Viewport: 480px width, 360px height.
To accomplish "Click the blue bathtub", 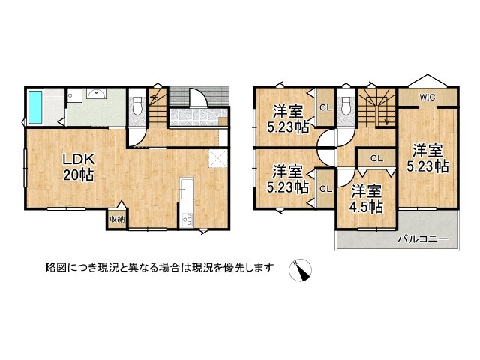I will pyautogui.click(x=36, y=107).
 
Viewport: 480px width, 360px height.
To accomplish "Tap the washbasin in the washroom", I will pyautogui.click(x=96, y=94).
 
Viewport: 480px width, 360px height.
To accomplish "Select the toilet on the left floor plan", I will pyautogui.click(x=136, y=106).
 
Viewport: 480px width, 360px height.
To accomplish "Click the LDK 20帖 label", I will pyautogui.click(x=77, y=167).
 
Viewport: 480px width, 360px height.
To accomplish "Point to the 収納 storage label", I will pyautogui.click(x=117, y=219).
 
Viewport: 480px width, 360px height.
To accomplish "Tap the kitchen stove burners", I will pyautogui.click(x=187, y=219).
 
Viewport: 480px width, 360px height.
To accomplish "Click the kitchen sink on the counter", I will pyautogui.click(x=187, y=187).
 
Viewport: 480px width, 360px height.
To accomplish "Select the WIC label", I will pyautogui.click(x=427, y=97).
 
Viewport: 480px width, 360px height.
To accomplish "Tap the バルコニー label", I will pyautogui.click(x=421, y=239).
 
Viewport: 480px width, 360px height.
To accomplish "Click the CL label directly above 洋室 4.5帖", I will pyautogui.click(x=376, y=158).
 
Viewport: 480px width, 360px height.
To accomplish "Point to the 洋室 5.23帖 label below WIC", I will pyautogui.click(x=427, y=157).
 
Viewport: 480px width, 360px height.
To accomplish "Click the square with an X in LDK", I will pyautogui.click(x=217, y=158).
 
